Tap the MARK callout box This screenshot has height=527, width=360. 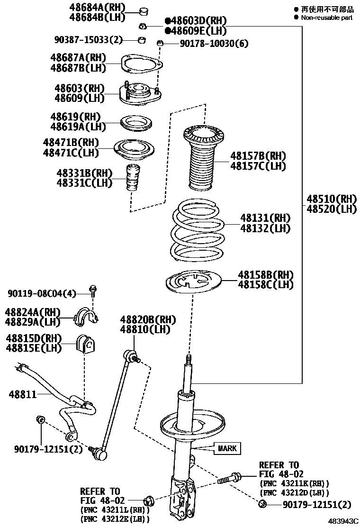coord(227,448)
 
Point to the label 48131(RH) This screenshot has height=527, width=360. coord(265,218)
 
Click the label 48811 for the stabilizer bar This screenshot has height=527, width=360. coord(22,394)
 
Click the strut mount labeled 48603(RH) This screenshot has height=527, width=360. coord(141,93)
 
